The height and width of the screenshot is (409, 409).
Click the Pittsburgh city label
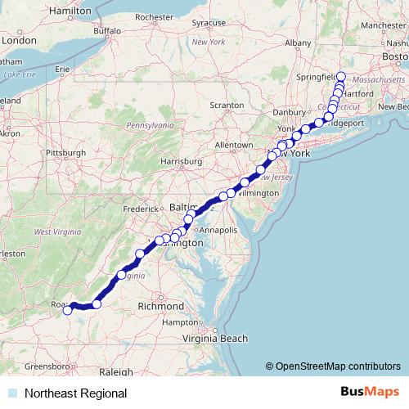click(67, 152)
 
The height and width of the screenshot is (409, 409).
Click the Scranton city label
click(226, 106)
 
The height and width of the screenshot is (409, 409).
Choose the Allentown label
click(233, 145)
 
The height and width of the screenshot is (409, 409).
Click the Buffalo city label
click(106, 31)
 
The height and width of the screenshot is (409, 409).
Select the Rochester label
click(155, 16)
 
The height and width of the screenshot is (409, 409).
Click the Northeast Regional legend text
click(75, 393)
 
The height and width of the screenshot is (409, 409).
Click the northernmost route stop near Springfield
click(341, 78)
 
